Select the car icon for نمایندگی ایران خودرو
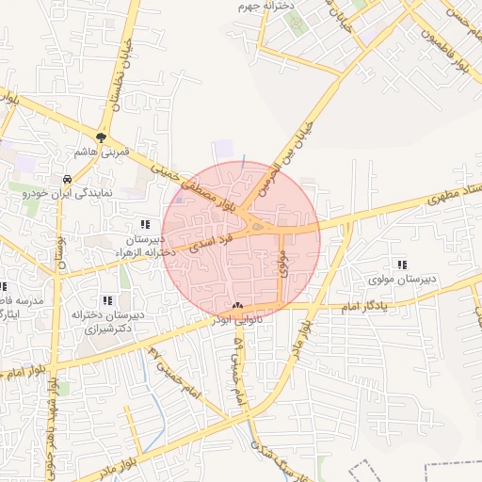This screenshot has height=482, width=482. (67, 179)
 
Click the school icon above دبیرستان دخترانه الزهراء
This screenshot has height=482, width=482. (145, 224)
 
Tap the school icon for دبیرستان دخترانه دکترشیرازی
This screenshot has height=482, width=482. (105, 300)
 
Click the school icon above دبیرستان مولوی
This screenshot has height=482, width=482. (403, 265)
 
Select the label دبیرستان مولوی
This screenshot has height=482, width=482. (403, 280)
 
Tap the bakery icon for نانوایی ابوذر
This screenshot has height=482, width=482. (236, 307)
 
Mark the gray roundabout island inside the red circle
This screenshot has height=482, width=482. (257, 224)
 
